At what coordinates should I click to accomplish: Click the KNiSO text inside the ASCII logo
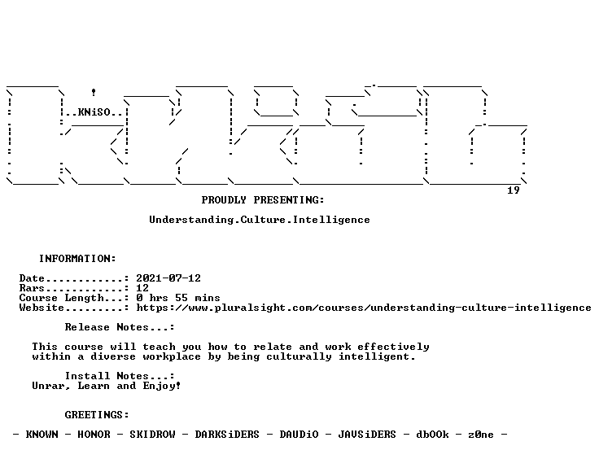point(94,111)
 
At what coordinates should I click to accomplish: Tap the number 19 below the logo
point(513,190)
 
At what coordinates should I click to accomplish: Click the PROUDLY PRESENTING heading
point(263,200)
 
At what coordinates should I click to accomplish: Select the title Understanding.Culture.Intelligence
point(260,220)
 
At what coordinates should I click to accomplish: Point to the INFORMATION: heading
point(77,259)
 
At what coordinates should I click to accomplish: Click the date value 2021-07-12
point(168,278)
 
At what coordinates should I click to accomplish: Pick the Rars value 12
point(142,288)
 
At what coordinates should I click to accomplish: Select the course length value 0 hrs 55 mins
point(178,298)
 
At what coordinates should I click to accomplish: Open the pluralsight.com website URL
point(364,308)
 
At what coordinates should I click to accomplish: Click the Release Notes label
point(120,327)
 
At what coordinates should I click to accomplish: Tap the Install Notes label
point(120,376)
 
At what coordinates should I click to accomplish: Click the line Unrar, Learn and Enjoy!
point(106,386)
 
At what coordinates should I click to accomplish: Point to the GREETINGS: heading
point(97,415)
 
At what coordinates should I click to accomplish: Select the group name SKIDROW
point(152,435)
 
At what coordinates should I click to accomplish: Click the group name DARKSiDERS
point(227,435)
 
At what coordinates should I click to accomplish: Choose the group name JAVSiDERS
point(367,435)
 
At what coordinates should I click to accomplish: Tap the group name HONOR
point(94,435)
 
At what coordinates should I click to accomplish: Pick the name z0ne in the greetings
point(480,435)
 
